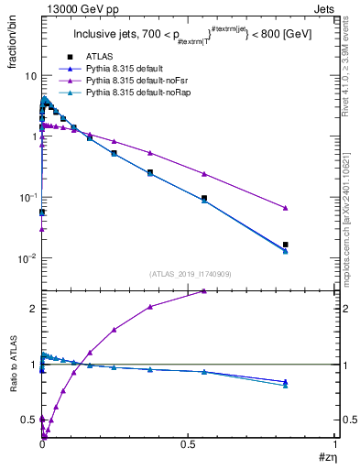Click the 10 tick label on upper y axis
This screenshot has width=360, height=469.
tap(28, 76)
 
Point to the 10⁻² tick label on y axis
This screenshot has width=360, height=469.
tap(27, 258)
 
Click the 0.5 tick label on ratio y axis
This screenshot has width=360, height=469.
tap(28, 420)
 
